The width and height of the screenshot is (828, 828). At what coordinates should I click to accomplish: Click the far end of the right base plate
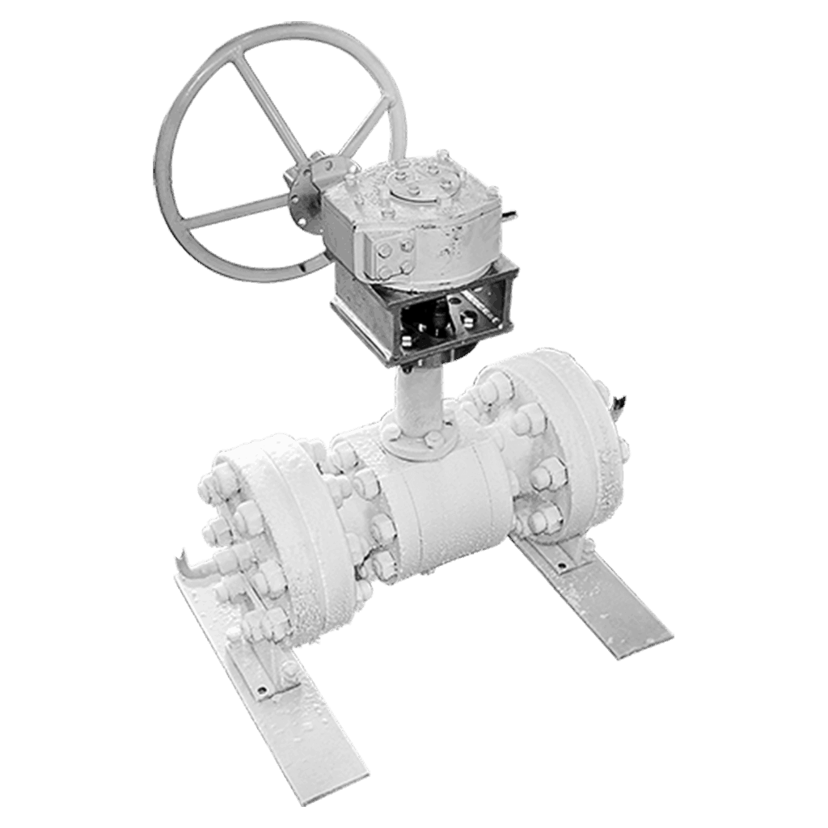point(639,639)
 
